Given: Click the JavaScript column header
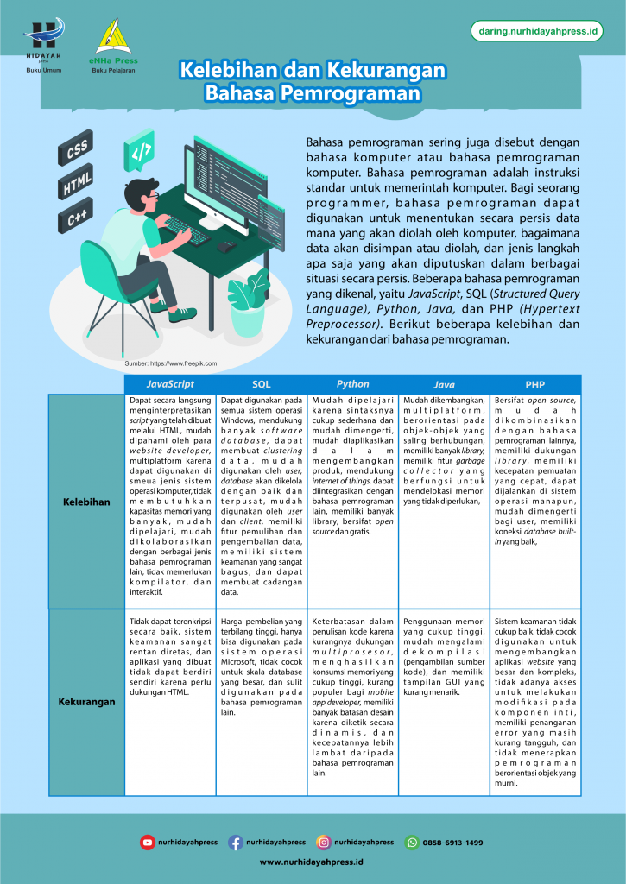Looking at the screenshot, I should click(x=170, y=384).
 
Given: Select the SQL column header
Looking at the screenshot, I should click(x=261, y=384).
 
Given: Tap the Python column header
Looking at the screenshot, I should click(x=352, y=384).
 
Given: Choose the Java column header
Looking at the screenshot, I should click(x=444, y=384).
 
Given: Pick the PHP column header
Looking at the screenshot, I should click(x=534, y=384).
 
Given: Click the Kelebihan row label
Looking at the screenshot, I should click(x=86, y=501).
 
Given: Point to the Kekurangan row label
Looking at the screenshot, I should click(x=86, y=702).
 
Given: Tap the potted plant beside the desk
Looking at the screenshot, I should click(x=248, y=302).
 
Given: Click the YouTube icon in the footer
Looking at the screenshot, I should click(x=148, y=842).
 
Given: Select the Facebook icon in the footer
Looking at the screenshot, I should click(x=235, y=842).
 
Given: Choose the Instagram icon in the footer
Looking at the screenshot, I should click(x=323, y=842).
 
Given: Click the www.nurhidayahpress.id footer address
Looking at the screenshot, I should click(x=312, y=862).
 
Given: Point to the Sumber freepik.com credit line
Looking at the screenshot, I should click(x=171, y=364).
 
